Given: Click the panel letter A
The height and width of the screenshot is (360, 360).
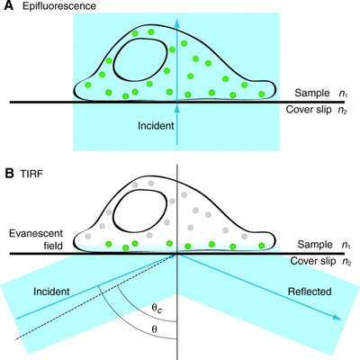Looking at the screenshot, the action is coord(8,5).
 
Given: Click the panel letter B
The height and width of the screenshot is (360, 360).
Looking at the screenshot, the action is coord(9,173).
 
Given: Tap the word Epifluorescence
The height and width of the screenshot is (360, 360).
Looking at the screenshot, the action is coord(59,6).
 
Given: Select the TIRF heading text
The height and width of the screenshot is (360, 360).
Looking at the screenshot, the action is coord(31,174).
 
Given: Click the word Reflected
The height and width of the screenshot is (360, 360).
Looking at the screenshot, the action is coord(310,292).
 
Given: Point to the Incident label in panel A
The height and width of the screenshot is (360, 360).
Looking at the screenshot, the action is coord(156,125).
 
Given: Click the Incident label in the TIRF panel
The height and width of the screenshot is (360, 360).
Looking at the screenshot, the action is coord(51,292).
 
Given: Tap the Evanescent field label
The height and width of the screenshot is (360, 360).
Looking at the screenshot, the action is coord(36,239).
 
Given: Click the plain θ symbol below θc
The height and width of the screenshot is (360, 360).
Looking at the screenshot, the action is coord(154,329).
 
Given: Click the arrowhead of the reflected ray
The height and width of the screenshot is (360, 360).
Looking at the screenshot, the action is coord(337,318).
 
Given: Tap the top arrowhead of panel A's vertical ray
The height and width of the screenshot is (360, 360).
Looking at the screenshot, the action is coord(177,23).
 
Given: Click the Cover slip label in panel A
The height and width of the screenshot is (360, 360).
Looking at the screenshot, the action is coord(309,110).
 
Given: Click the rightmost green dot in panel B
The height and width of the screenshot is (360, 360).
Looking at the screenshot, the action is coord(262,246).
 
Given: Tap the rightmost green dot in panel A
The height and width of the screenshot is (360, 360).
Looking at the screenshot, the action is coord(262,94).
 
